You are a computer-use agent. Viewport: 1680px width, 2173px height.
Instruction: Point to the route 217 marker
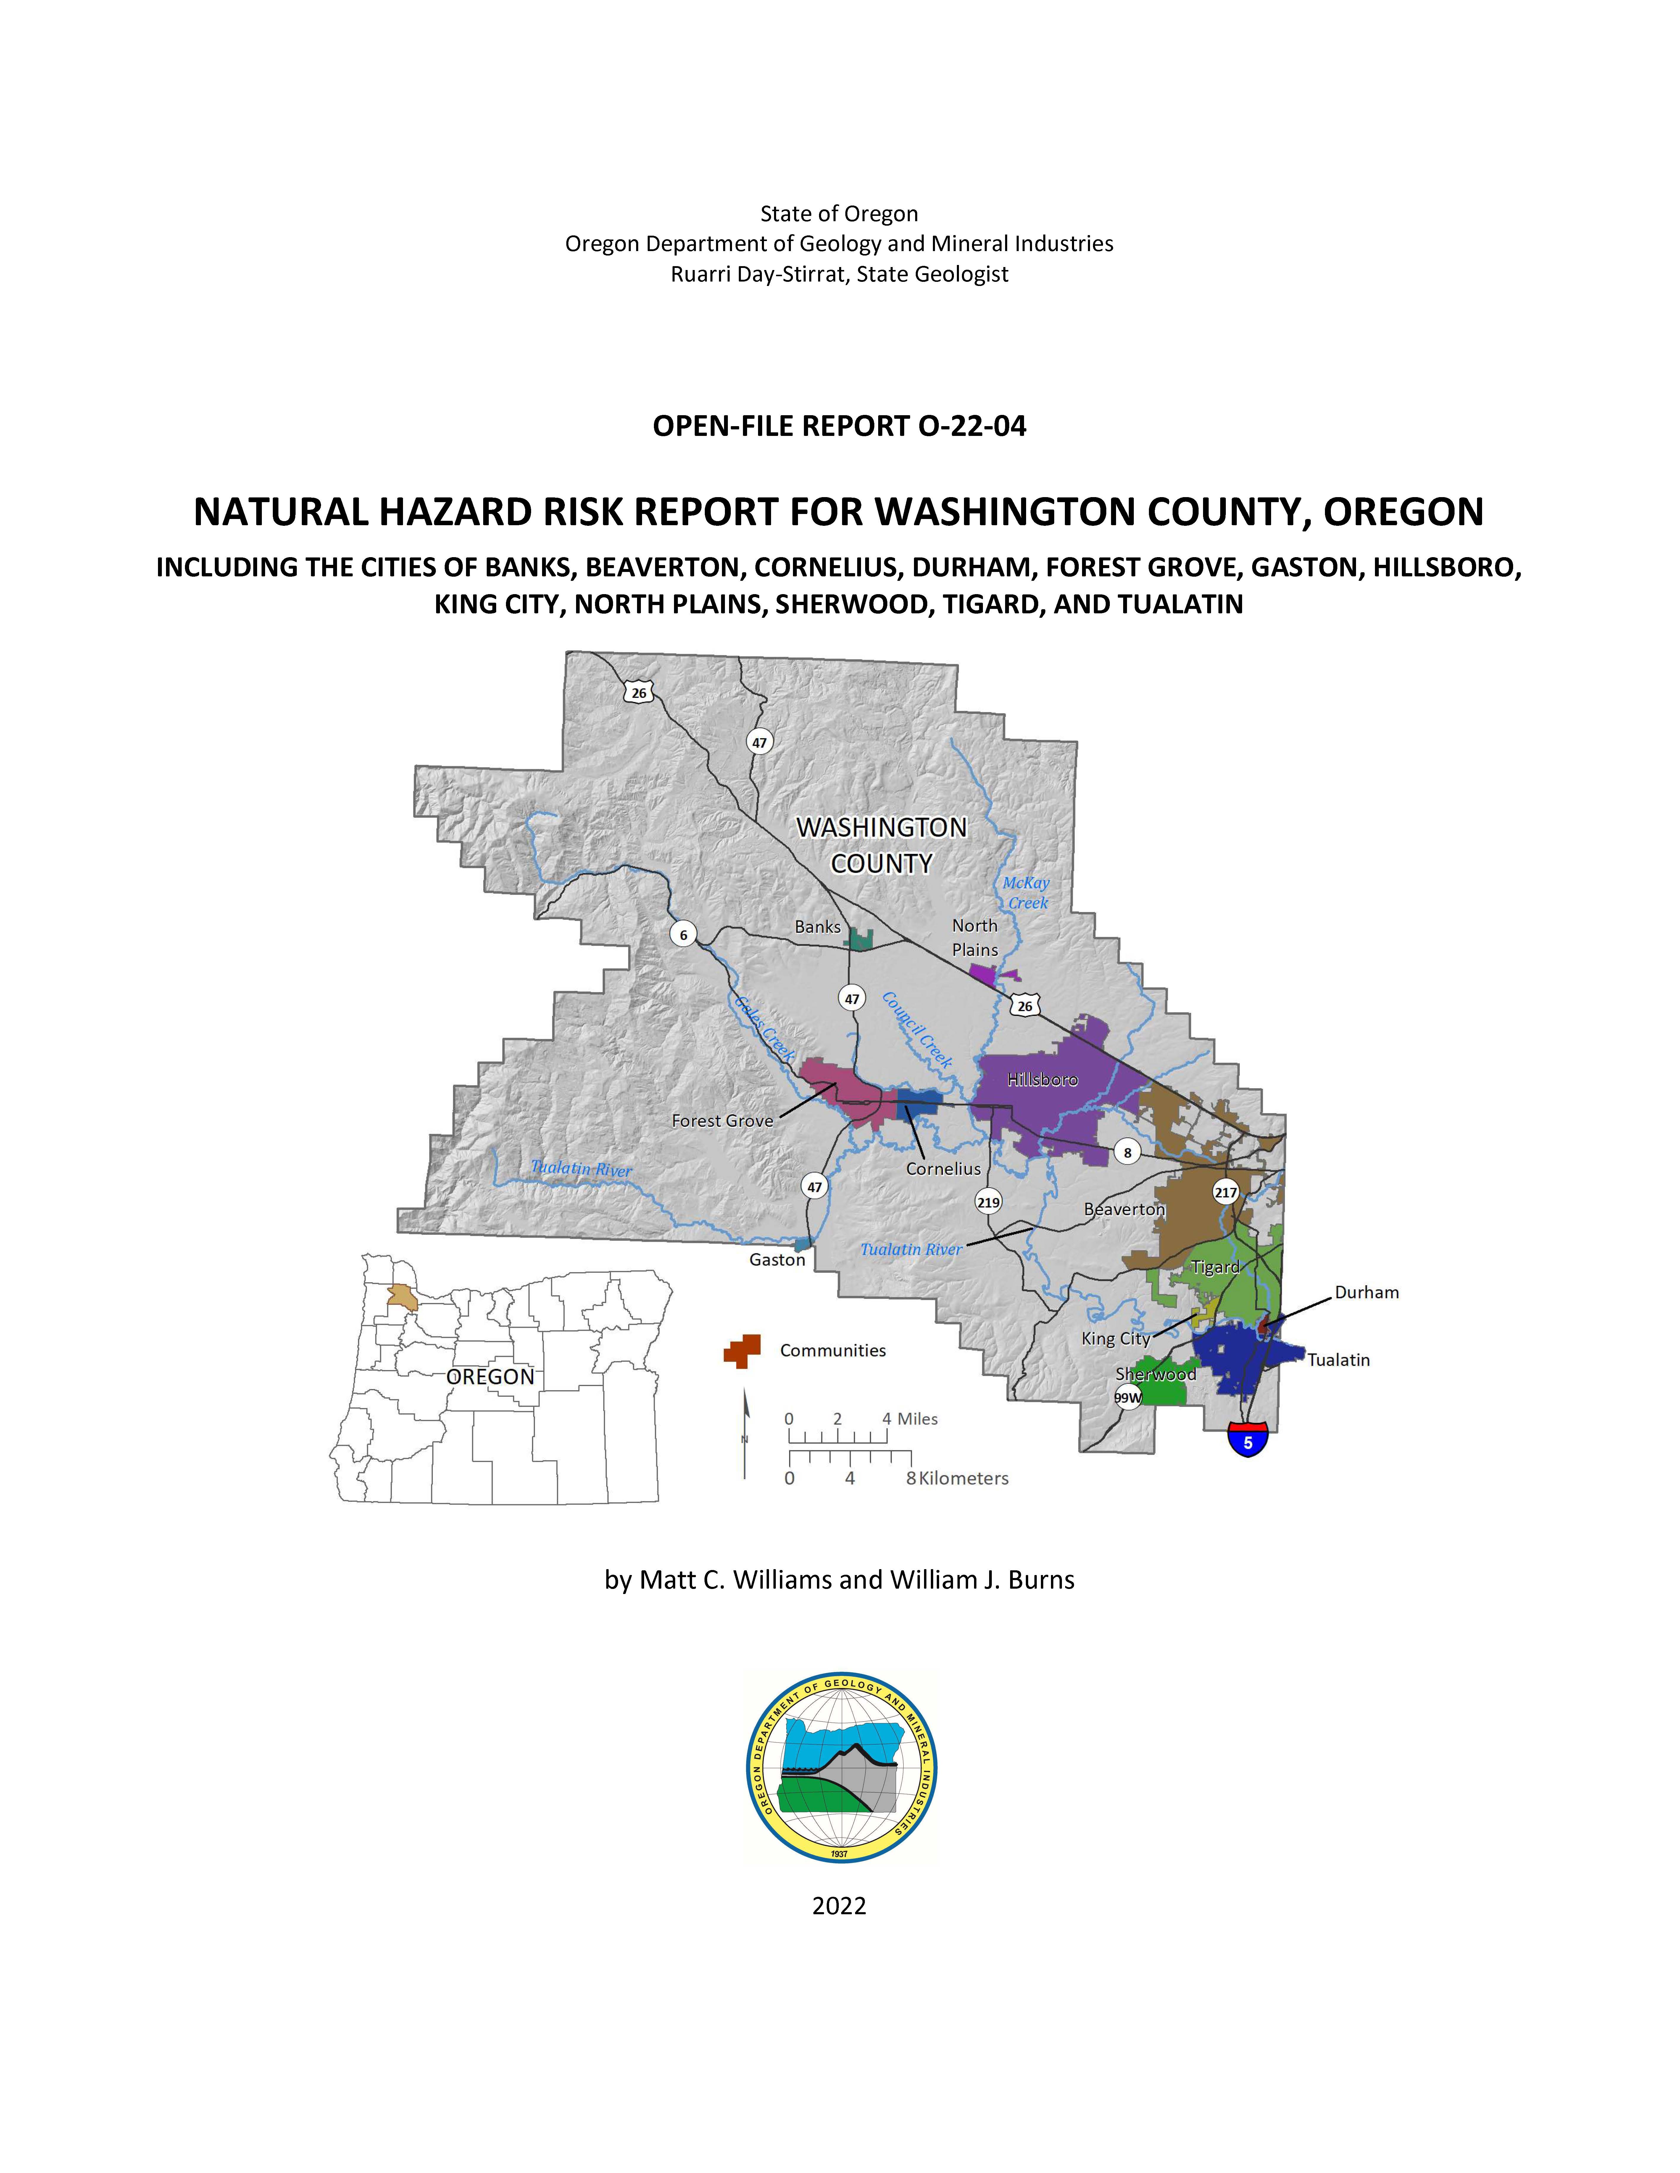point(1225,1192)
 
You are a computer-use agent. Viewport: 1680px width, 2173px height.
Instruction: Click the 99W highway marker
point(1128,1397)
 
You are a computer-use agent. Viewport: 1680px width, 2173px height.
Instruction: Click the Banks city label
point(817,926)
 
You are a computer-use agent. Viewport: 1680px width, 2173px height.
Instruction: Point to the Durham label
point(1366,1292)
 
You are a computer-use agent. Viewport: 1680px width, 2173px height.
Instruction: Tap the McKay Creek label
point(1026,893)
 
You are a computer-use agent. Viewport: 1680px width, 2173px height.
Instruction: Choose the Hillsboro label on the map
point(1042,1079)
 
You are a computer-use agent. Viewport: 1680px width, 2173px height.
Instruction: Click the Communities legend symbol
point(742,1350)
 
